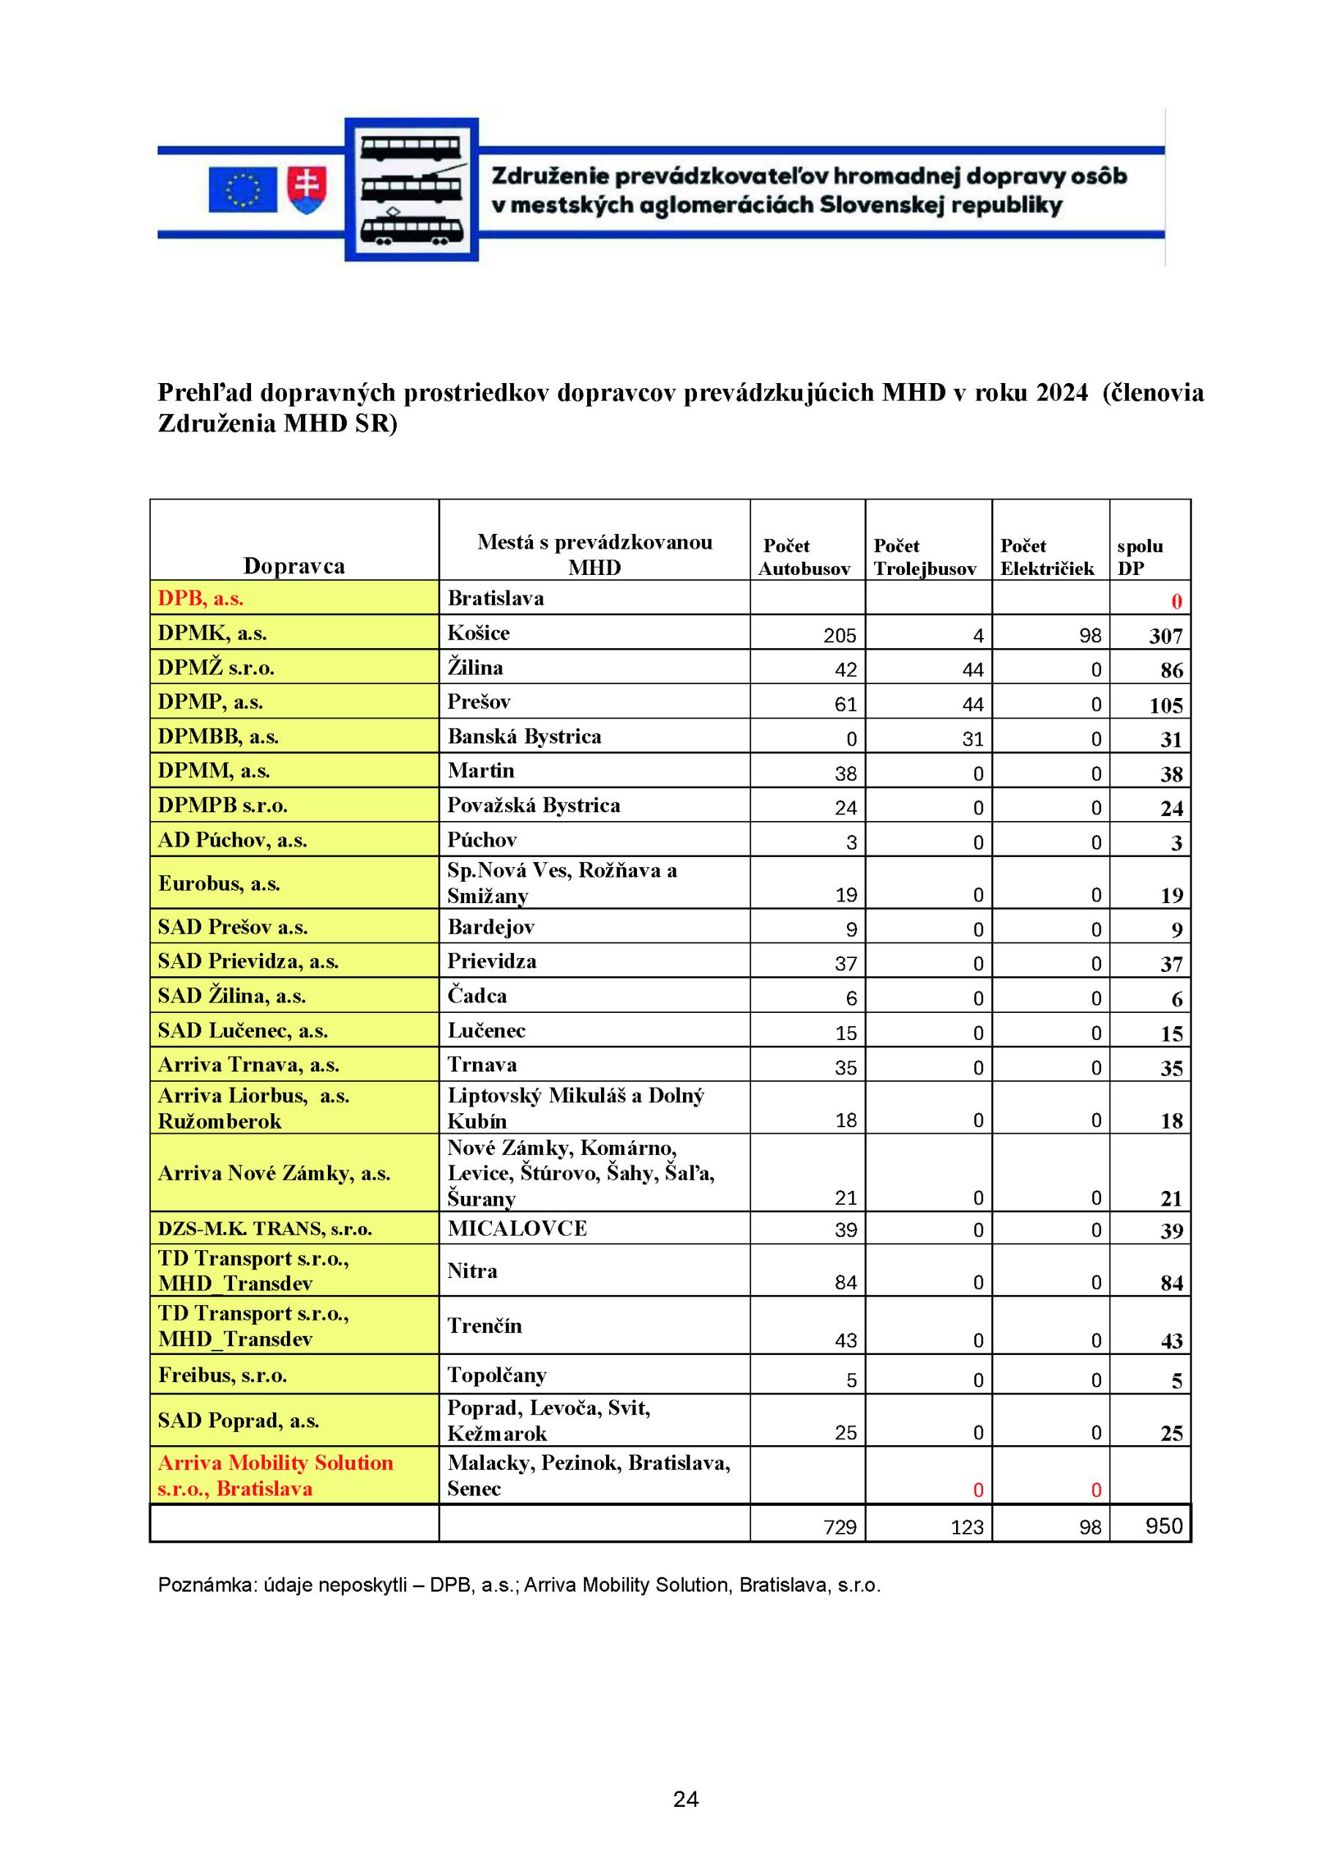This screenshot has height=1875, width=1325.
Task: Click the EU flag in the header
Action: click(242, 189)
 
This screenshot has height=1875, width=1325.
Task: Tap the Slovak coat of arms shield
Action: click(307, 190)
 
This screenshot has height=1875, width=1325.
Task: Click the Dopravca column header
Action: click(294, 566)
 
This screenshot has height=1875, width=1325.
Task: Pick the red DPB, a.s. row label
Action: click(201, 598)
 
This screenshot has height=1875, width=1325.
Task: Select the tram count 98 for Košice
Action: click(1090, 635)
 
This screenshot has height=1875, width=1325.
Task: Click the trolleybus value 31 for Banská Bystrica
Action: click(972, 739)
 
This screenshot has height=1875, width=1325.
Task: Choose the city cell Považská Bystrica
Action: click(533, 805)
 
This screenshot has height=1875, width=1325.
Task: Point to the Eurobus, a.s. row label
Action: click(219, 883)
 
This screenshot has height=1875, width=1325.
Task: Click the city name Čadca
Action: click(477, 995)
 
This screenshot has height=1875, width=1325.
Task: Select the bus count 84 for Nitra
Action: click(845, 1282)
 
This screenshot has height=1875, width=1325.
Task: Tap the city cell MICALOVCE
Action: click(517, 1228)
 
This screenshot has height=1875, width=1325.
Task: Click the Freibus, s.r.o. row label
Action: click(222, 1375)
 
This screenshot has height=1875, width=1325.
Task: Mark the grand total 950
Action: click(1163, 1526)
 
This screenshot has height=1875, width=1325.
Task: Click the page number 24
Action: click(686, 1799)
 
